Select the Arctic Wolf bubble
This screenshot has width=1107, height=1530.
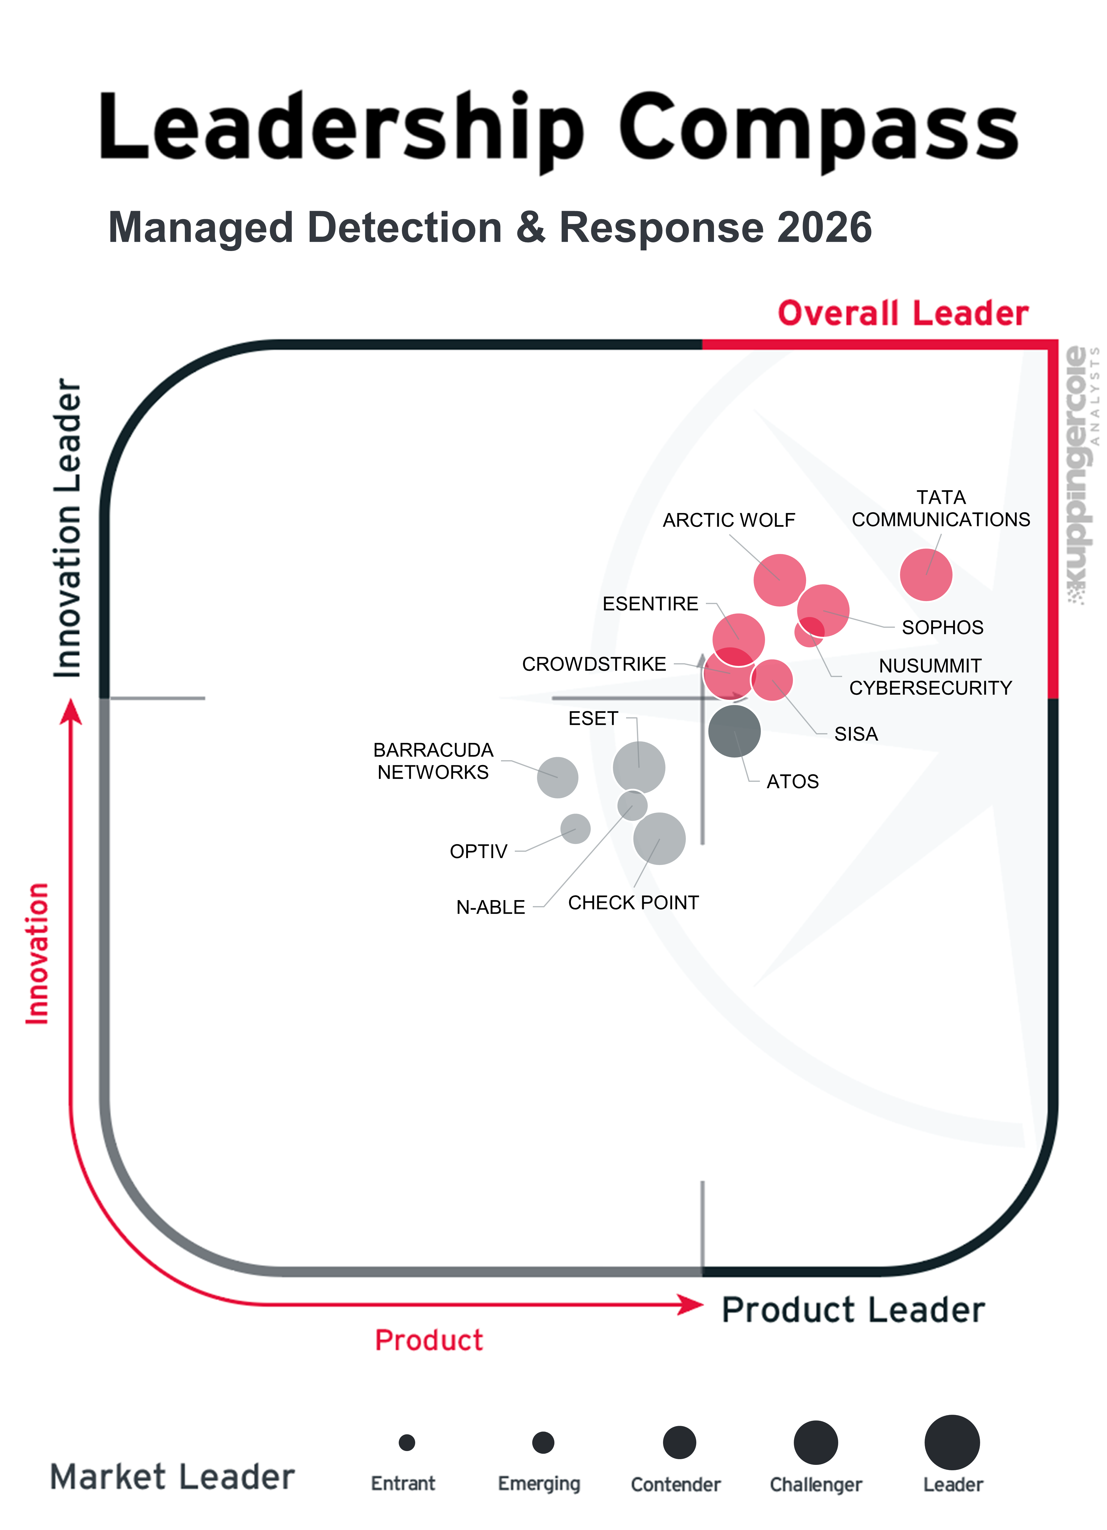tap(779, 580)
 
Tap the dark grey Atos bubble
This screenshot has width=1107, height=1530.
tap(734, 730)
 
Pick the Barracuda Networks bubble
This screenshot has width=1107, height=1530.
tap(557, 777)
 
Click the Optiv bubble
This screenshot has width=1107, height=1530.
tap(575, 828)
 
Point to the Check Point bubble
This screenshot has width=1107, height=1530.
tap(659, 839)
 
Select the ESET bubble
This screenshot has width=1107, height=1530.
tap(638, 767)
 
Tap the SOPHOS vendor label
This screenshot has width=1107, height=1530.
tap(943, 627)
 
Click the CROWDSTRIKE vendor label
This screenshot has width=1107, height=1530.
tap(594, 664)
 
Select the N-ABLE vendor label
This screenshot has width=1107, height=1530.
tap(490, 907)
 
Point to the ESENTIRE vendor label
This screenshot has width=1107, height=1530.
tap(650, 604)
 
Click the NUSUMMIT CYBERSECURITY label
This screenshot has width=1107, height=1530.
tap(930, 677)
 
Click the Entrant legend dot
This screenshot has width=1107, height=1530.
tap(406, 1442)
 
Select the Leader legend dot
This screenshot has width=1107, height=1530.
tap(952, 1442)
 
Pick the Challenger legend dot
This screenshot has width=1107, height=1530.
tap(816, 1442)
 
